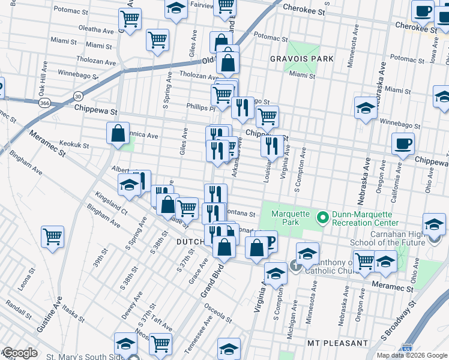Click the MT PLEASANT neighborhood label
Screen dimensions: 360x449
(x=337, y=343)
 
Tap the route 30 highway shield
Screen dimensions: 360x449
(x=78, y=95)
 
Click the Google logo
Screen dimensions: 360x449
(x=20, y=353)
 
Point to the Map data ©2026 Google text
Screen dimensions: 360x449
(x=412, y=355)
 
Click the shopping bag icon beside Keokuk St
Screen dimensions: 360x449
(x=118, y=133)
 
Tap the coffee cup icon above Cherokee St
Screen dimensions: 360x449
(x=423, y=11)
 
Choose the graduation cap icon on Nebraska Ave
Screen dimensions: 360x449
(x=365, y=108)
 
